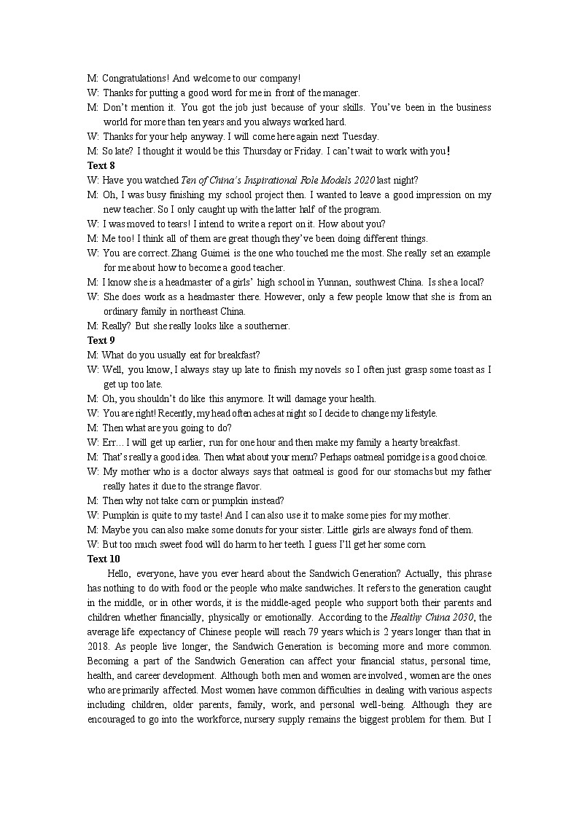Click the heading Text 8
click(101, 165)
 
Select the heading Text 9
click(101, 340)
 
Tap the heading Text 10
click(104, 559)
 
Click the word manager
click(342, 93)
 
